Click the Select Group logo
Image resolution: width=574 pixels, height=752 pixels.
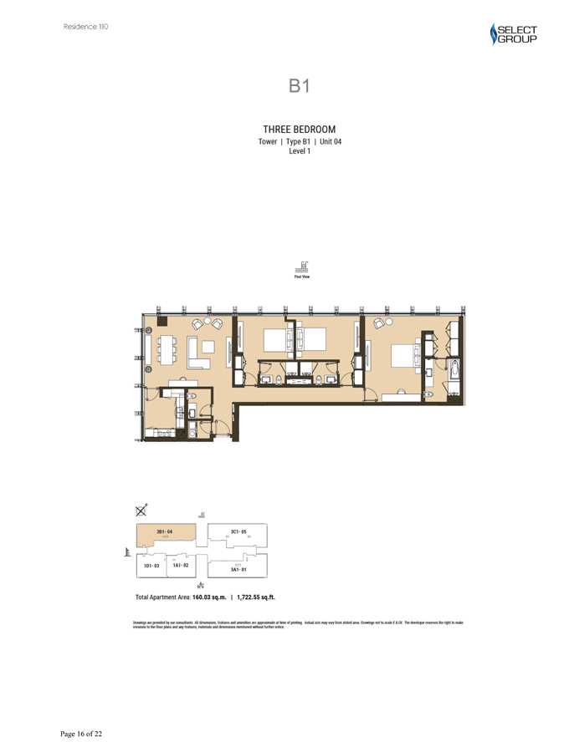point(513,33)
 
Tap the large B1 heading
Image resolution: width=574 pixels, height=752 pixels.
point(300,86)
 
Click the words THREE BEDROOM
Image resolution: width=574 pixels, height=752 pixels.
point(300,130)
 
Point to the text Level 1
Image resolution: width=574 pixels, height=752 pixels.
point(300,152)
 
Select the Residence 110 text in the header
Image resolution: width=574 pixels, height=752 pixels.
point(85,27)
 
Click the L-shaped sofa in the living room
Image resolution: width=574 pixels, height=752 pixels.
point(199,353)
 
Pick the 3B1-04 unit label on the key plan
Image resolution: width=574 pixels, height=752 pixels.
point(164,531)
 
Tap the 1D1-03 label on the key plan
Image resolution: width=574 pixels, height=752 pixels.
point(151,567)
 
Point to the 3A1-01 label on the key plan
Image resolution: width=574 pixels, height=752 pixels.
point(238,569)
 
